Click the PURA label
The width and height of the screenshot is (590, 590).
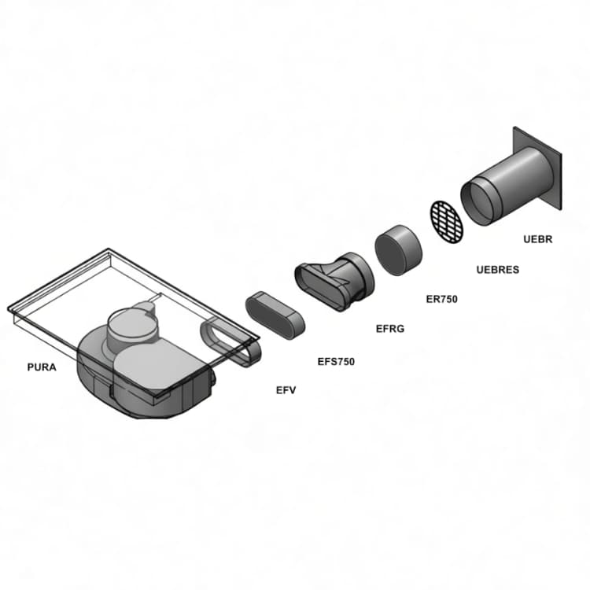tap(42, 367)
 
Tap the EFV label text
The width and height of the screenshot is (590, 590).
tap(286, 390)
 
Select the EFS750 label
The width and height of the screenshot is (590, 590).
tap(336, 362)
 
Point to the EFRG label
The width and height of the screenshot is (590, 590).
tap(390, 329)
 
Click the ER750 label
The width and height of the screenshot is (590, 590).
tap(441, 299)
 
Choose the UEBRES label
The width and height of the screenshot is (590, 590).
tap(497, 270)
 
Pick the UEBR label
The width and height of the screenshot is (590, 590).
tap(538, 239)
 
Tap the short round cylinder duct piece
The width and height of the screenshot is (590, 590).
tap(397, 249)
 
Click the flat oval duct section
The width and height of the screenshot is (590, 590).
tap(275, 315)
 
